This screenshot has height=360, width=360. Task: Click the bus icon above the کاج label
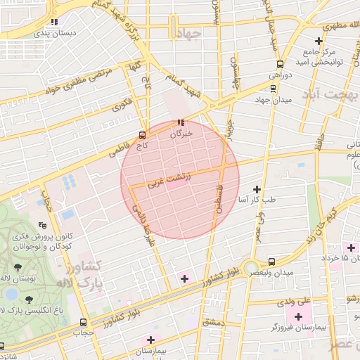click(143, 134)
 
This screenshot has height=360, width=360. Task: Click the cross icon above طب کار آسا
click(257, 189)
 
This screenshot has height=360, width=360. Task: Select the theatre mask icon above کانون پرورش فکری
click(43, 226)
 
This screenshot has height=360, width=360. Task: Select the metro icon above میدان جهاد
click(274, 88)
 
